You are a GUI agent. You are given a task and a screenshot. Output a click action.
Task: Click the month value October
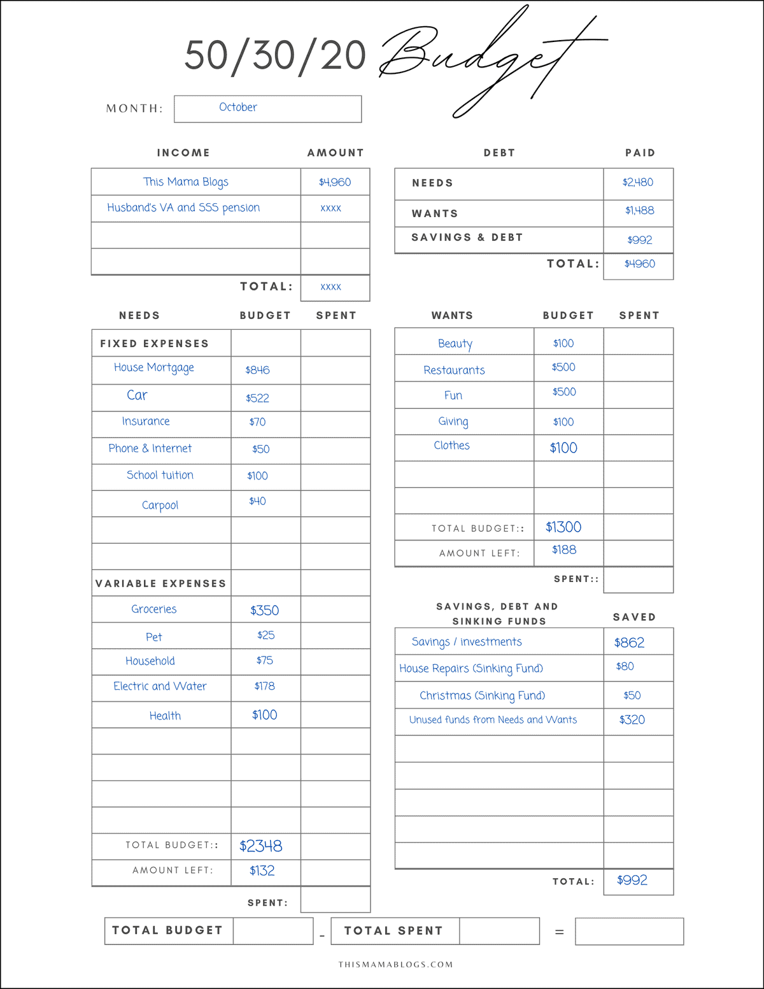pos(238,108)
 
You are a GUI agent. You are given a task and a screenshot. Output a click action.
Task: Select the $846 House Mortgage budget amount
pos(257,370)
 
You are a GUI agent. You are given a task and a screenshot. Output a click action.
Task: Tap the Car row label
pos(137,395)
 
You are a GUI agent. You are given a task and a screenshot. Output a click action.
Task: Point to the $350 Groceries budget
pos(264,610)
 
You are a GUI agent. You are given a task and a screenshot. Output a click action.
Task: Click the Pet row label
pos(153,637)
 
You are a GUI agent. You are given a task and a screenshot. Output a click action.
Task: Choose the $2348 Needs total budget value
pos(260,846)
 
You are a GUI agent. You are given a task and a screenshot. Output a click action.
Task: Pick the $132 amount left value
pos(262,871)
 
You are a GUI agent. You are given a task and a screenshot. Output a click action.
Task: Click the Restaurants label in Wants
pos(454,370)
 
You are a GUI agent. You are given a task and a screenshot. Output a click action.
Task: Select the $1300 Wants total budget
pos(563,527)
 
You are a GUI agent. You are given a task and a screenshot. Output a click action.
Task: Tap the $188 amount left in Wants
pos(564,550)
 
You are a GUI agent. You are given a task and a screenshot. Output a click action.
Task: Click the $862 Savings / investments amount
pos(629,643)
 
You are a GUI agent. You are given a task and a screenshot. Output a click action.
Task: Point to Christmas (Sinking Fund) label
pos(482,695)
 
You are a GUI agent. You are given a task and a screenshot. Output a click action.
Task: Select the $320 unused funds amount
pos(632,720)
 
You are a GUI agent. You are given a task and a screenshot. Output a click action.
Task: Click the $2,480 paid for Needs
pos(638,182)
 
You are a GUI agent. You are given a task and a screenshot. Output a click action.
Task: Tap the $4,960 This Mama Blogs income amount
pos(335,182)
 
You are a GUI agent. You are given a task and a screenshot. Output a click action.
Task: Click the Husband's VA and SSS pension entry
pos(183,208)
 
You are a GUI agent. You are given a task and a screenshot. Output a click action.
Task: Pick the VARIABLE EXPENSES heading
pos(160,583)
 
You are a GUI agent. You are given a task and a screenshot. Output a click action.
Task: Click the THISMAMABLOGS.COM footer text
pos(395,964)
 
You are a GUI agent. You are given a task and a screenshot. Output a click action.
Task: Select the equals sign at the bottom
pos(559,932)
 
